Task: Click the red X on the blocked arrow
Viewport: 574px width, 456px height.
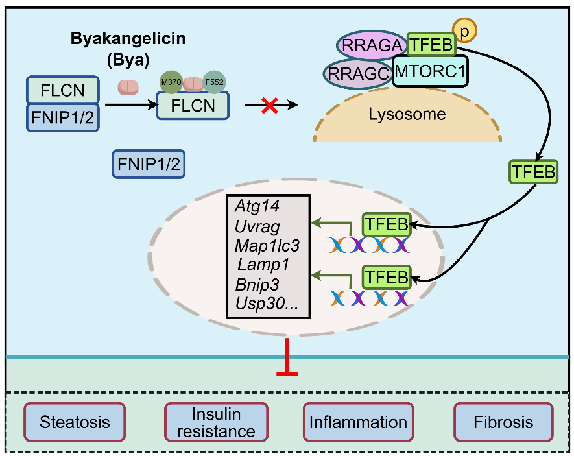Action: point(269,105)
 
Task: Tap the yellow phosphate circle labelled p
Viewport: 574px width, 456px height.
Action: point(464,30)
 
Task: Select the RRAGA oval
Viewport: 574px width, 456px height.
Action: point(372,45)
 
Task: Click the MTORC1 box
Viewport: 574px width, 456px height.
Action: point(430,71)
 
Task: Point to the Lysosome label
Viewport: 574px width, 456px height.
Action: point(407,114)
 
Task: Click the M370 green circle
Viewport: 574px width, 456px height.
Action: point(171,82)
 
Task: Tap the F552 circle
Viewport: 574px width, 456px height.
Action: point(214,82)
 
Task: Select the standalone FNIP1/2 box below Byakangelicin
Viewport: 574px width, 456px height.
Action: point(149,164)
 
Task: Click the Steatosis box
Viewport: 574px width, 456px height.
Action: point(75,422)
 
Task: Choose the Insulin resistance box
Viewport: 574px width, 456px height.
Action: point(217,422)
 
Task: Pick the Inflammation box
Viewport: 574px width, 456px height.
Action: point(359,422)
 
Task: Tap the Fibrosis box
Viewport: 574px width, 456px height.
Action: point(503,422)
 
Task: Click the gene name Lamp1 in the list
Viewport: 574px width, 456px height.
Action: point(263,264)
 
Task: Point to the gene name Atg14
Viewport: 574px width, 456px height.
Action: point(257,206)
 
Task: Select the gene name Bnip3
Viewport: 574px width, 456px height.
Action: point(257,284)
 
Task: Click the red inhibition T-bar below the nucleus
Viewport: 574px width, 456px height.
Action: point(287,357)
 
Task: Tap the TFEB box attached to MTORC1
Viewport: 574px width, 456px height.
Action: point(431,45)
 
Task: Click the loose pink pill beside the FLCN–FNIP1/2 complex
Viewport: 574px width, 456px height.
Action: point(128,88)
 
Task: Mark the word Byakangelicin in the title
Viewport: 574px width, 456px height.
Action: point(128,38)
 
